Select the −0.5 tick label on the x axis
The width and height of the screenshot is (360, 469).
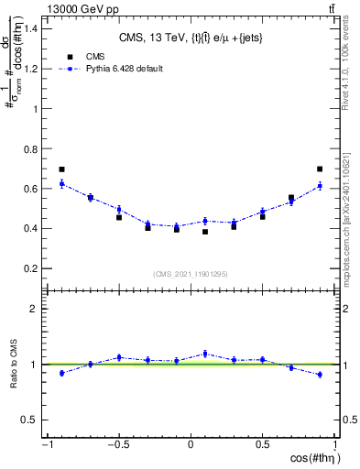[x=117, y=445]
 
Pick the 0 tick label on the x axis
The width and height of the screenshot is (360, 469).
[x=191, y=445]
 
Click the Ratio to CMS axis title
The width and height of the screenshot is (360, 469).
[x=14, y=379]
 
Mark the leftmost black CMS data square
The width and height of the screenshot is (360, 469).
[x=61, y=169]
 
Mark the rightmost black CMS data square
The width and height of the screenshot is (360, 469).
[x=320, y=169]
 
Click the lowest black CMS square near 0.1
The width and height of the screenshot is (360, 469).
[x=205, y=232]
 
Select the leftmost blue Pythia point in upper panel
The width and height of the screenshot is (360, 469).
[x=61, y=184]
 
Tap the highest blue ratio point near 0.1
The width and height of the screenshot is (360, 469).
[x=205, y=354]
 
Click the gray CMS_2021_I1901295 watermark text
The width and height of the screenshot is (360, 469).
[x=191, y=275]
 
